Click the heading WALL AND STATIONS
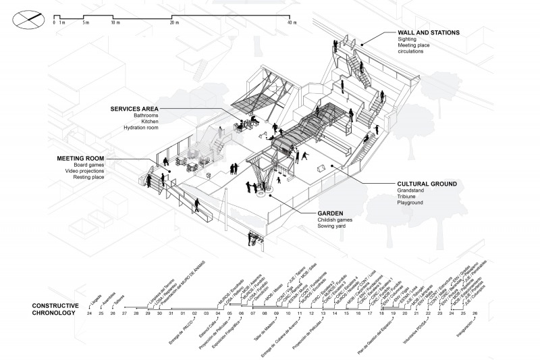pos(429,32)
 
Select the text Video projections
pos(93,172)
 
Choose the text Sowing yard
pos(332,226)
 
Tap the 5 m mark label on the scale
pos(86,24)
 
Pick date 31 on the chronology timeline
pos(171,313)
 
